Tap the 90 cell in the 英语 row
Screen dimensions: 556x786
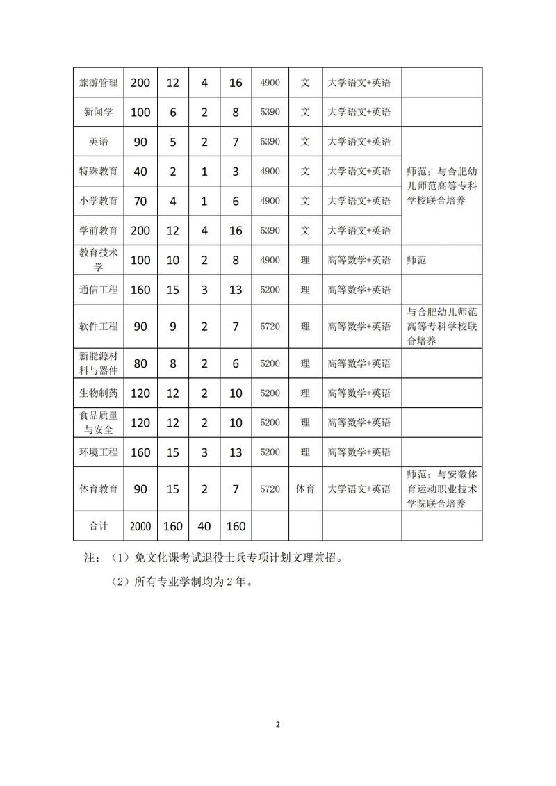[140, 142]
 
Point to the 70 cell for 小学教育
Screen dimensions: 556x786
[140, 201]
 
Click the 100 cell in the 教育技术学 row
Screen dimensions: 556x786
[140, 260]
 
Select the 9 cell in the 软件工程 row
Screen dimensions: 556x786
[173, 326]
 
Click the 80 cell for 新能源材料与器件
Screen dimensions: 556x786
[140, 363]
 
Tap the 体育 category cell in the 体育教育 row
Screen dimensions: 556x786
[305, 489]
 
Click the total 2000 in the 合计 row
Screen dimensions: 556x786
[140, 526]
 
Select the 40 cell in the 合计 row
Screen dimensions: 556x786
[204, 526]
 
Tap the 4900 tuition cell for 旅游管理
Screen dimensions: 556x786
[270, 83]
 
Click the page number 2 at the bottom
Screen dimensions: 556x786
[278, 725]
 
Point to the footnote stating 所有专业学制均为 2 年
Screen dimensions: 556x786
[181, 582]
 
